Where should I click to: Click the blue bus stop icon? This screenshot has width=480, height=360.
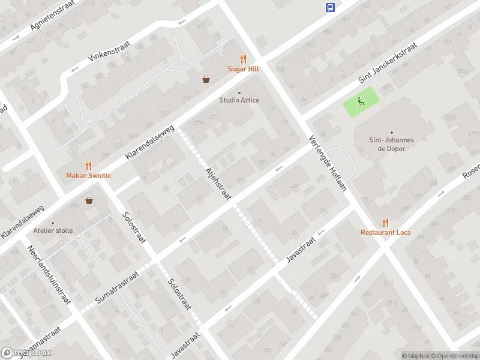(330, 7)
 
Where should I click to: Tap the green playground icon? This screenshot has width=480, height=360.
(361, 101)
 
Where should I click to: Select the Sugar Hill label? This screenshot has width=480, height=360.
(243, 69)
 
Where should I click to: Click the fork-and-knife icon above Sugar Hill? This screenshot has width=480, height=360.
(243, 59)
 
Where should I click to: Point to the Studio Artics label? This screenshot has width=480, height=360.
(239, 100)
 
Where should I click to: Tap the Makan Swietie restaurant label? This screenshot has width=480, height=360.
(88, 175)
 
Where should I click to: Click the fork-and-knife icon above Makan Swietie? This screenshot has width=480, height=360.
(88, 165)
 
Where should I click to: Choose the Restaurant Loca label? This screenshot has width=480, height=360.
(385, 232)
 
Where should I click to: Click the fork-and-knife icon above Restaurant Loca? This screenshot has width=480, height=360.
(385, 222)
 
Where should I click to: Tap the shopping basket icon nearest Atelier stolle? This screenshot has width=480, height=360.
(89, 200)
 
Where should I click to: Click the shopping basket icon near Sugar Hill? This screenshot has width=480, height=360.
(206, 79)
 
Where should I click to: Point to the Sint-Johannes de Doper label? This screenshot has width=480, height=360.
(391, 144)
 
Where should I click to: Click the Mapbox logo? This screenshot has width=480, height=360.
(26, 353)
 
